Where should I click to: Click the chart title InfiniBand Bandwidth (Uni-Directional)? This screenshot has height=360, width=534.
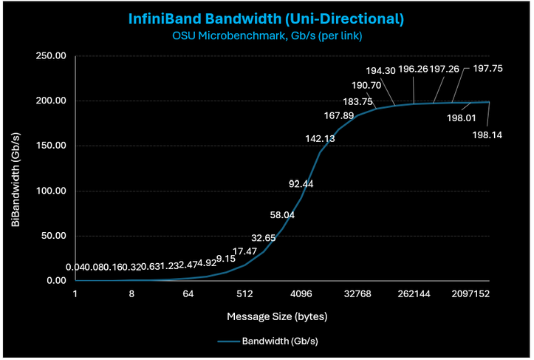267,17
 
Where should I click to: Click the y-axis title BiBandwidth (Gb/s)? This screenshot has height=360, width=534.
16,168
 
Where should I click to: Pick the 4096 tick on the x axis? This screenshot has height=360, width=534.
301,293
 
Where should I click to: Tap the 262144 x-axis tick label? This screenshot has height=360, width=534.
414,293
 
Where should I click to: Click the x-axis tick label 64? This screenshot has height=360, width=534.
188,293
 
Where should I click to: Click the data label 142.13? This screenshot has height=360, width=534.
321,138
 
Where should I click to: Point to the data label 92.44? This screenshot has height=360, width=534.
302,183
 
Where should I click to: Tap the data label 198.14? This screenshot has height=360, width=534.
487,135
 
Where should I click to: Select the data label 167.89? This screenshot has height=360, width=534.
339,115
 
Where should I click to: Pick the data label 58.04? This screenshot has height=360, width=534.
284,215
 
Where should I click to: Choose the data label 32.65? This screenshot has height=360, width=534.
264,238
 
